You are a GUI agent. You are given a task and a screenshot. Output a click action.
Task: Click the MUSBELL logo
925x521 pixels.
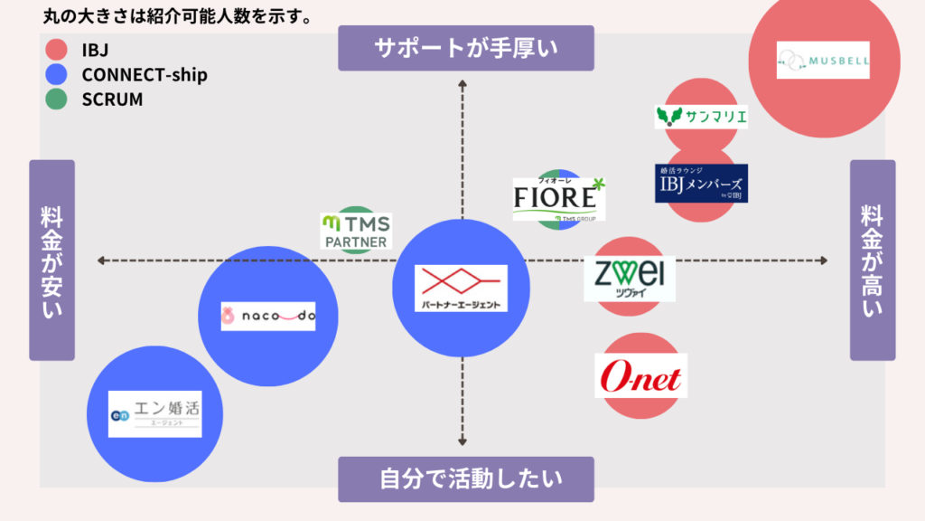(823, 61)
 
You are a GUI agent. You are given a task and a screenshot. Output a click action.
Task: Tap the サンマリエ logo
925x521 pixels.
(701, 117)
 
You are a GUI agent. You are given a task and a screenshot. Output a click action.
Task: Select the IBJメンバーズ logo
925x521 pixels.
(701, 184)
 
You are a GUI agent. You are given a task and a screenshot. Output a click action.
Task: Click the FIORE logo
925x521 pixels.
(559, 199)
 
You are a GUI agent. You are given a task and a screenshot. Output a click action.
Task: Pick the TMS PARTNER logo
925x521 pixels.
(356, 232)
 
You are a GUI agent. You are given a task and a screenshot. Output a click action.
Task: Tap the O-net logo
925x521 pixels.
(641, 375)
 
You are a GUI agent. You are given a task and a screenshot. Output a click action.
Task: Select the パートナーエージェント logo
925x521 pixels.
(462, 289)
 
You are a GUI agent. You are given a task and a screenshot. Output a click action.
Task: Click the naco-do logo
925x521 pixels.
(268, 317)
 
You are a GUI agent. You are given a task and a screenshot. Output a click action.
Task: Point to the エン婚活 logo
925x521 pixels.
(154, 414)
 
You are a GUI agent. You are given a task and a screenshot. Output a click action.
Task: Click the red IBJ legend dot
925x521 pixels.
(56, 50)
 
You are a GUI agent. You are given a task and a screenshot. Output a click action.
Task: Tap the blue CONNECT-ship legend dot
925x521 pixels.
(56, 75)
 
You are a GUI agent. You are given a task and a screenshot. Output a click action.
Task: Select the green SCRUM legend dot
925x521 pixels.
(56, 99)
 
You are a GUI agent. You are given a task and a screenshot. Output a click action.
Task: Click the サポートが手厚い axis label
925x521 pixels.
(466, 48)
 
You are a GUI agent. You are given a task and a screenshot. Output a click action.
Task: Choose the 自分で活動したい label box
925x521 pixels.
(466, 478)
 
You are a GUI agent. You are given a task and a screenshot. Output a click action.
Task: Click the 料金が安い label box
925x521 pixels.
(51, 260)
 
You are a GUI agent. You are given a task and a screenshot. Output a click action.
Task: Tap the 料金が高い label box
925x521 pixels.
(873, 260)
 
